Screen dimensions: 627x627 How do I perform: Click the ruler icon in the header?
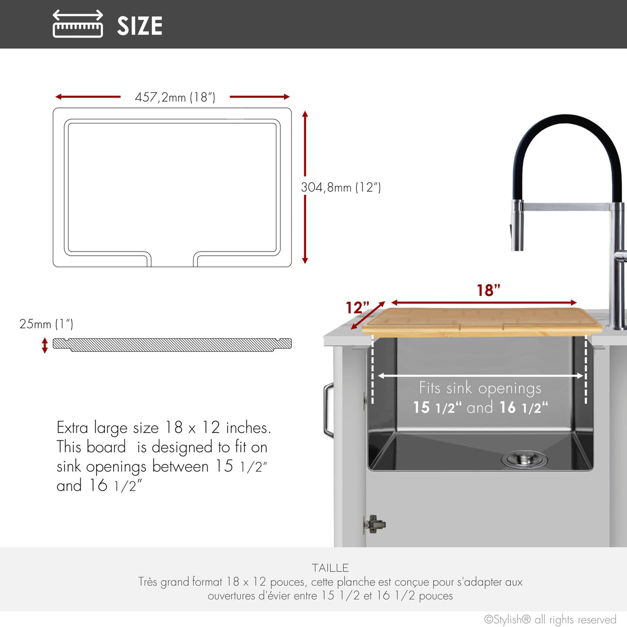78,24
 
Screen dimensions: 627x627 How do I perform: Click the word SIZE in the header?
139,26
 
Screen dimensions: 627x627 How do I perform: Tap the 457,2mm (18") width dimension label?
175,97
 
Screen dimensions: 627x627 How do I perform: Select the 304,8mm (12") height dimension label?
341,187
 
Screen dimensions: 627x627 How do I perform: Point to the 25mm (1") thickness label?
46,324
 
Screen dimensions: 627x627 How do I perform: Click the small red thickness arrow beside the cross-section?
45,345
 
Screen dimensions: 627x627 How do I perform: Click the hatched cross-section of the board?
172,344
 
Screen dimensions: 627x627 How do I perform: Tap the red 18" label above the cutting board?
489,290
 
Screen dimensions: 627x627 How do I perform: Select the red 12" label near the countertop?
357,307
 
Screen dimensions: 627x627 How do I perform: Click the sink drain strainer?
524,459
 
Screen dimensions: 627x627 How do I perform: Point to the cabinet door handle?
328,410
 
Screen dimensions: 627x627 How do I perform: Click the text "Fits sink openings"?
480,388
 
